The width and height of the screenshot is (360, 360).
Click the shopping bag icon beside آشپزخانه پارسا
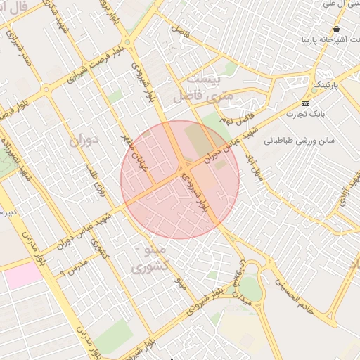(337, 30)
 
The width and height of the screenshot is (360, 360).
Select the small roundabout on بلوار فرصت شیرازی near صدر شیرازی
(46, 89)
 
